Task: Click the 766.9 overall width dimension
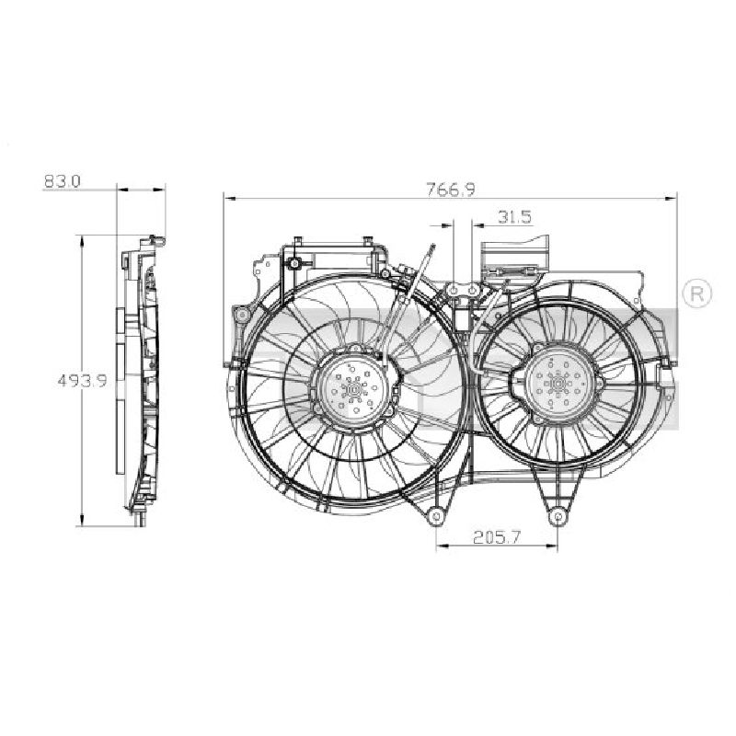(451, 190)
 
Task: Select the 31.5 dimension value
(514, 217)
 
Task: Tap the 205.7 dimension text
(497, 536)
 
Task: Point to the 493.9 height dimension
(82, 380)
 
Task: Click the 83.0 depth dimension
(62, 181)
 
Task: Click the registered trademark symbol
(696, 293)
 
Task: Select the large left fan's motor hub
(354, 386)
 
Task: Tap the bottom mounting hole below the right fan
(558, 517)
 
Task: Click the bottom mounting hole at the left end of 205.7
(436, 516)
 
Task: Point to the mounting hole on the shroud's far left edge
(242, 315)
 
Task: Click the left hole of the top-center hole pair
(454, 291)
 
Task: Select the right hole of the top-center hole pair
(472, 291)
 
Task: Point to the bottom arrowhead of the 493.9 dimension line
(82, 519)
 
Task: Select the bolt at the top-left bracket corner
(294, 263)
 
